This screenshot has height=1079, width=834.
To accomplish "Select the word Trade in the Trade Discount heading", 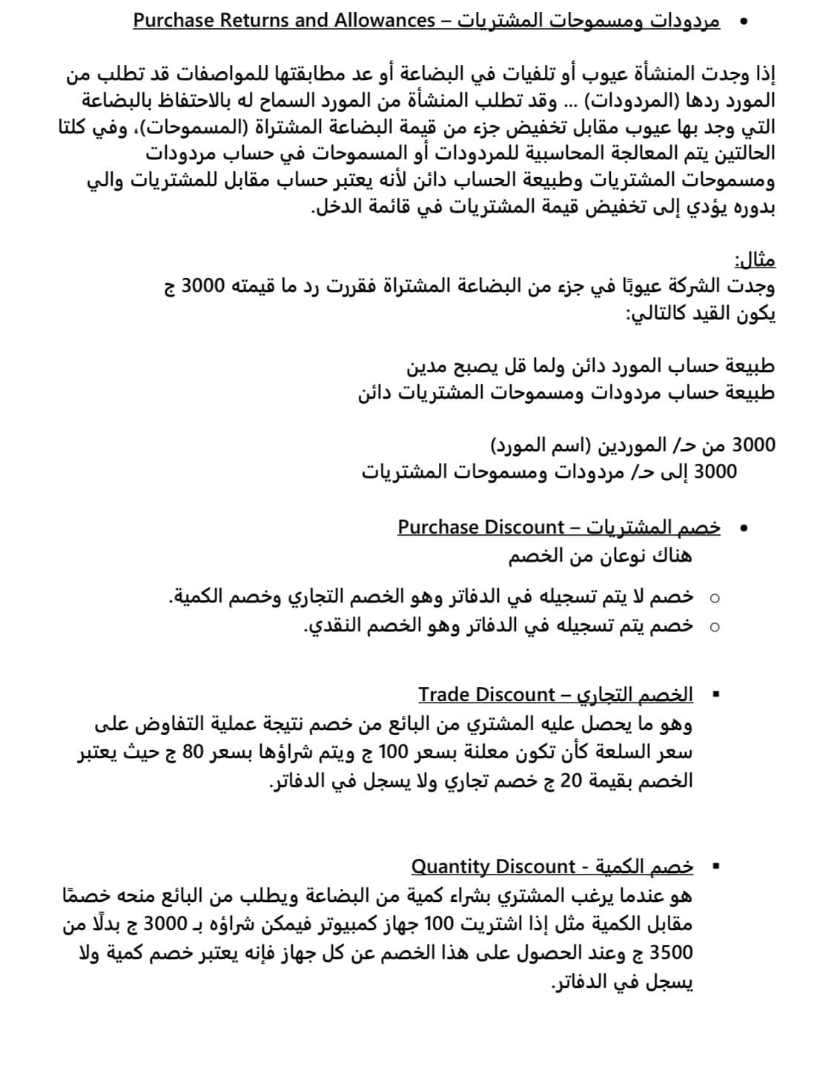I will (x=443, y=694).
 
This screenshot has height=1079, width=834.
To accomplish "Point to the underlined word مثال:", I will (x=755, y=260).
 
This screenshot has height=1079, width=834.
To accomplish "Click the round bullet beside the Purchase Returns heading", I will (x=743, y=21).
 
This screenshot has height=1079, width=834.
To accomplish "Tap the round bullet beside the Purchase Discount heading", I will (x=743, y=528).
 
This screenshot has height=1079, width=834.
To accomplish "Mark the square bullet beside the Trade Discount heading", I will (x=715, y=695).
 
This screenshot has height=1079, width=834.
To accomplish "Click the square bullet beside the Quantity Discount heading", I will (x=715, y=866).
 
